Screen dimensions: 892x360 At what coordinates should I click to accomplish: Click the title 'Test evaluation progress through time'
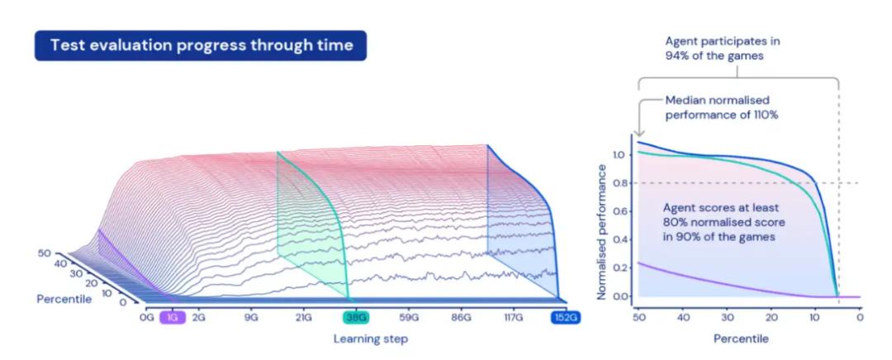pyautogui.click(x=201, y=45)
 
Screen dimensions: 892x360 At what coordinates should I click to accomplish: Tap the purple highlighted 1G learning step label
pyautogui.click(x=173, y=318)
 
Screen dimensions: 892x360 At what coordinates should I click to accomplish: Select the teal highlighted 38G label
pyautogui.click(x=356, y=318)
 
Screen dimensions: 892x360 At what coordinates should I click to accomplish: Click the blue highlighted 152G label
pyautogui.click(x=565, y=318)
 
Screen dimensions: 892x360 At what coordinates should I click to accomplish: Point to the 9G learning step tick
pyautogui.click(x=251, y=318)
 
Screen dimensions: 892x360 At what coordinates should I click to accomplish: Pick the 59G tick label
pyautogui.click(x=409, y=318)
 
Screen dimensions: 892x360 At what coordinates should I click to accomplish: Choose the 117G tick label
pyautogui.click(x=513, y=318)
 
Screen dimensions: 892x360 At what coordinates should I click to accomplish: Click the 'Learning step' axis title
pyautogui.click(x=370, y=339)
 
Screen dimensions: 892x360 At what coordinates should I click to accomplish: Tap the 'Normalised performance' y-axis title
pyautogui.click(x=601, y=231)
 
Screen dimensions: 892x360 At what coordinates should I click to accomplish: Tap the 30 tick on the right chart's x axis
pyautogui.click(x=727, y=317)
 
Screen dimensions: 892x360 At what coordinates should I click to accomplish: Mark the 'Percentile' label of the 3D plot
pyautogui.click(x=64, y=299)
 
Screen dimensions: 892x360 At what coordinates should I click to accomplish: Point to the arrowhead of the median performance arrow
pyautogui.click(x=638, y=135)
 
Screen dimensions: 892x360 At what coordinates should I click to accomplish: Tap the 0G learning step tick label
pyautogui.click(x=147, y=318)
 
